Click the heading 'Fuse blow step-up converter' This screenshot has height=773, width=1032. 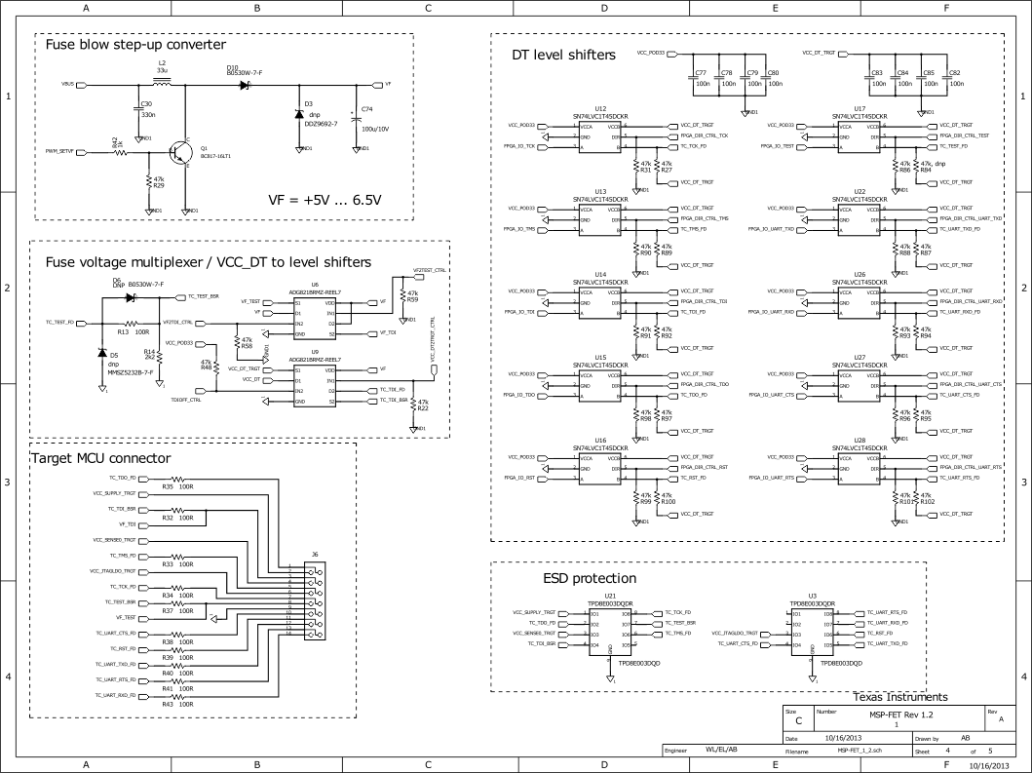click(x=136, y=45)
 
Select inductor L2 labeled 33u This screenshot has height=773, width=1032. click(x=162, y=84)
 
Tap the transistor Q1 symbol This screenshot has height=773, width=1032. click(x=179, y=152)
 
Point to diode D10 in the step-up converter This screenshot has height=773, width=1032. click(x=245, y=84)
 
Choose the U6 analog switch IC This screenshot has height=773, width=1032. click(x=315, y=318)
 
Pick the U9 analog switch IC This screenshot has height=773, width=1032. click(x=315, y=385)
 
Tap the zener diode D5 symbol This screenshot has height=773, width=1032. click(x=102, y=352)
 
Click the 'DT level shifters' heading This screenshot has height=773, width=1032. click(x=563, y=56)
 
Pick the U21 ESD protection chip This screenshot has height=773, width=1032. click(x=610, y=629)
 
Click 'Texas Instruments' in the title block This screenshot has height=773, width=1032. click(x=899, y=697)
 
